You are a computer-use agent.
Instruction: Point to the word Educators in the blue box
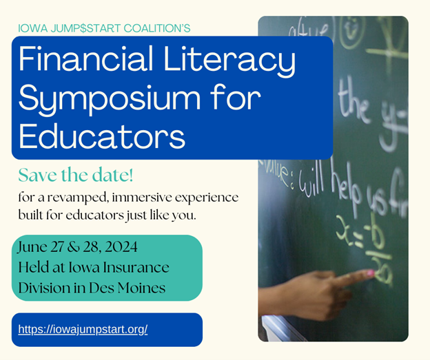tap(102, 135)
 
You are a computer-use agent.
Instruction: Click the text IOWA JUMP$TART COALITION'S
tap(104, 28)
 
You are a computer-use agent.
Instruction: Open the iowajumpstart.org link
tap(83, 329)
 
